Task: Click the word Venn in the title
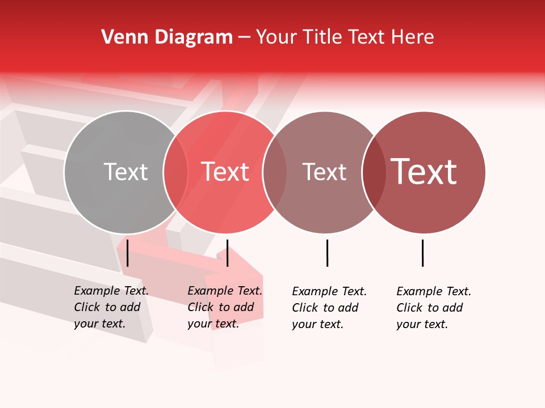(x=120, y=37)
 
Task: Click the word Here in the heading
(x=413, y=37)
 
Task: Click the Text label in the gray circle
(x=125, y=172)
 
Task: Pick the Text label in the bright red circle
(x=225, y=172)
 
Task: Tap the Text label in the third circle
(x=324, y=172)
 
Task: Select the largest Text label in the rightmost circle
(x=424, y=171)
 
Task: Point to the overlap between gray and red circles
(x=175, y=172)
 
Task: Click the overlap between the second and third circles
(x=275, y=172)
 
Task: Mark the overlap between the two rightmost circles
(x=374, y=172)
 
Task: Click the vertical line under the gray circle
(x=128, y=253)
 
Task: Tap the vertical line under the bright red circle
(x=227, y=253)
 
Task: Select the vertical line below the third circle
(x=327, y=253)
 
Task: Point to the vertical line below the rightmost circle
(x=422, y=253)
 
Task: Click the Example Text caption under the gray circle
(x=111, y=307)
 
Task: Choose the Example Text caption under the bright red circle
(x=225, y=307)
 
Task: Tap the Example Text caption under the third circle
(x=329, y=308)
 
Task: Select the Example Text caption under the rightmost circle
(x=434, y=308)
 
